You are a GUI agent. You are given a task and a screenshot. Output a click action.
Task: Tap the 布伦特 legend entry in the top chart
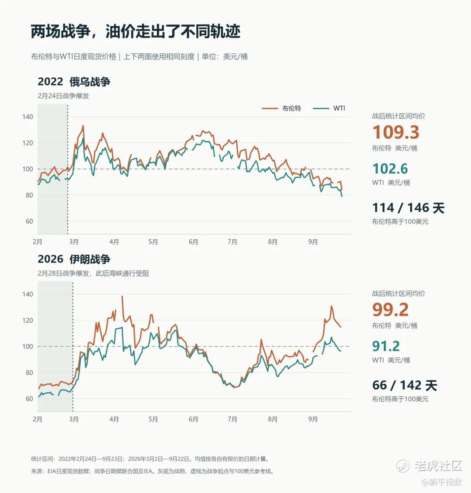tap(281, 108)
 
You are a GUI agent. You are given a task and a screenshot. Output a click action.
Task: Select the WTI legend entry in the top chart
tap(329, 108)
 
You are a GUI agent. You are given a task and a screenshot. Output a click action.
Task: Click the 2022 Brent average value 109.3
tap(396, 132)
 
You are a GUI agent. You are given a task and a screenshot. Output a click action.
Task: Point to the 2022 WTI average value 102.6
tap(390, 169)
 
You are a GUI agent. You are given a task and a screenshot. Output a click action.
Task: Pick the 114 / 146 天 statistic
tap(408, 208)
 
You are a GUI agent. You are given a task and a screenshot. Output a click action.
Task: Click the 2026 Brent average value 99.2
tap(390, 310)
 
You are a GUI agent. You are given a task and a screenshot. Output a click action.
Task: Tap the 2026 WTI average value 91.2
tap(386, 346)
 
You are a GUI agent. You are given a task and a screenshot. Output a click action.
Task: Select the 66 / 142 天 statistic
tap(404, 385)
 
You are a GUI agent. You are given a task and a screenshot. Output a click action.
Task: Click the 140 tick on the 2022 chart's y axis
tap(27, 117)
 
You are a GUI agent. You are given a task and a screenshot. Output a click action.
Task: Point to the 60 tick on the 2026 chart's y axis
tap(29, 399)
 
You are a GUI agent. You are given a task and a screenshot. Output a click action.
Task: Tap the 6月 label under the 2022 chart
tap(194, 242)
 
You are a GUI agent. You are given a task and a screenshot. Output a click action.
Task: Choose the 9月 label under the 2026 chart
tap(313, 419)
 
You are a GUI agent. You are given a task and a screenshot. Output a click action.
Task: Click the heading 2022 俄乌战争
tap(74, 82)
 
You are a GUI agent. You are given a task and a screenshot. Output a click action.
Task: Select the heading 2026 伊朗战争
tap(74, 259)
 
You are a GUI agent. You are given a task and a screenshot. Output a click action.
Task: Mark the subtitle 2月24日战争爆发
tap(63, 96)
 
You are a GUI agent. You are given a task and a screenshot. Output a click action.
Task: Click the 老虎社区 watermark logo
tap(429, 465)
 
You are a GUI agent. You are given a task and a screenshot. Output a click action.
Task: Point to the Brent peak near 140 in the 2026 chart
tap(122, 296)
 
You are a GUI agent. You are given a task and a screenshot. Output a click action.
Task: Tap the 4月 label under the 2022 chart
tap(114, 242)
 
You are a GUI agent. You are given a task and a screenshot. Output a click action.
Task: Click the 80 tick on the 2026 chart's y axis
tap(29, 372)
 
